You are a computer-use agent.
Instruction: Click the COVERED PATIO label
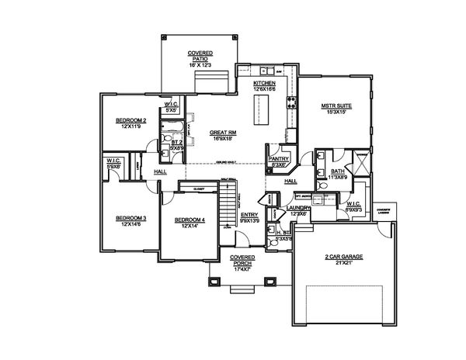[x=200, y=55]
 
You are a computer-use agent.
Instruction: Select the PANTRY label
[x=278, y=157]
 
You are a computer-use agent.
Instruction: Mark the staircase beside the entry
[x=225, y=208]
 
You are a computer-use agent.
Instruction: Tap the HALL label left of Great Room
[x=160, y=171]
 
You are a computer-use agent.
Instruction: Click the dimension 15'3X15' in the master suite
[x=336, y=113]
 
